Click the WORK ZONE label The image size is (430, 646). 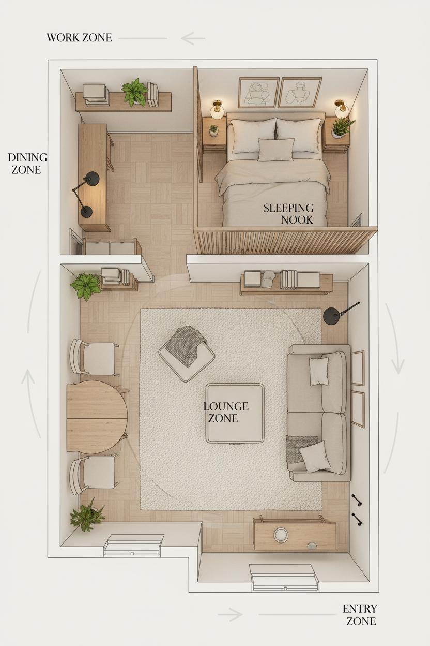tap(79, 38)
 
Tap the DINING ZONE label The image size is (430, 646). tap(27, 164)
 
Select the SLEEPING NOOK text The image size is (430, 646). tap(289, 214)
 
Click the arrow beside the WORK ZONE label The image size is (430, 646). tap(193, 38)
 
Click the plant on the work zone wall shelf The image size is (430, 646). tap(134, 92)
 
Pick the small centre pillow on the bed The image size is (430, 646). tap(276, 150)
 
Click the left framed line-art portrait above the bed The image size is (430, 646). tap(258, 93)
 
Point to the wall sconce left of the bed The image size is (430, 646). tap(217, 109)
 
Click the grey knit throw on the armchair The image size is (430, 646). tap(186, 346)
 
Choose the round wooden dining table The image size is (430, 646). tap(97, 417)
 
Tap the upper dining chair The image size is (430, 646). tap(94, 358)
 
